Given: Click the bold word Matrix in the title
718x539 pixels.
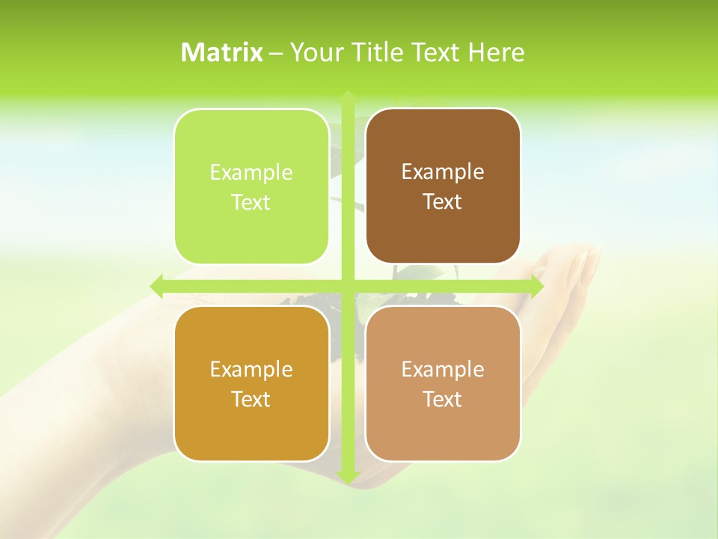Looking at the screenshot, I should [222, 52].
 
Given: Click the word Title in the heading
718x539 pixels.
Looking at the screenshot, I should [375, 52].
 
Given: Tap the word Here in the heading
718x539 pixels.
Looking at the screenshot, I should [496, 52].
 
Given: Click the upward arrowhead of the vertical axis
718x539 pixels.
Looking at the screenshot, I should [347, 96].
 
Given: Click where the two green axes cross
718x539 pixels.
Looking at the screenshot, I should [347, 286].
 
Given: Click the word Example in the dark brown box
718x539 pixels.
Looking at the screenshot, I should [443, 172].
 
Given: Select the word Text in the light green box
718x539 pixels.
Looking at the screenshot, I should [251, 202].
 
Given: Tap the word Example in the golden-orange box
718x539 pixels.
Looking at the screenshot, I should [251, 369].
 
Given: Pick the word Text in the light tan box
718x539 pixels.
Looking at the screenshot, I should [443, 400].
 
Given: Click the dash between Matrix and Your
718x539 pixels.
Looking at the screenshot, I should [276, 53].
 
